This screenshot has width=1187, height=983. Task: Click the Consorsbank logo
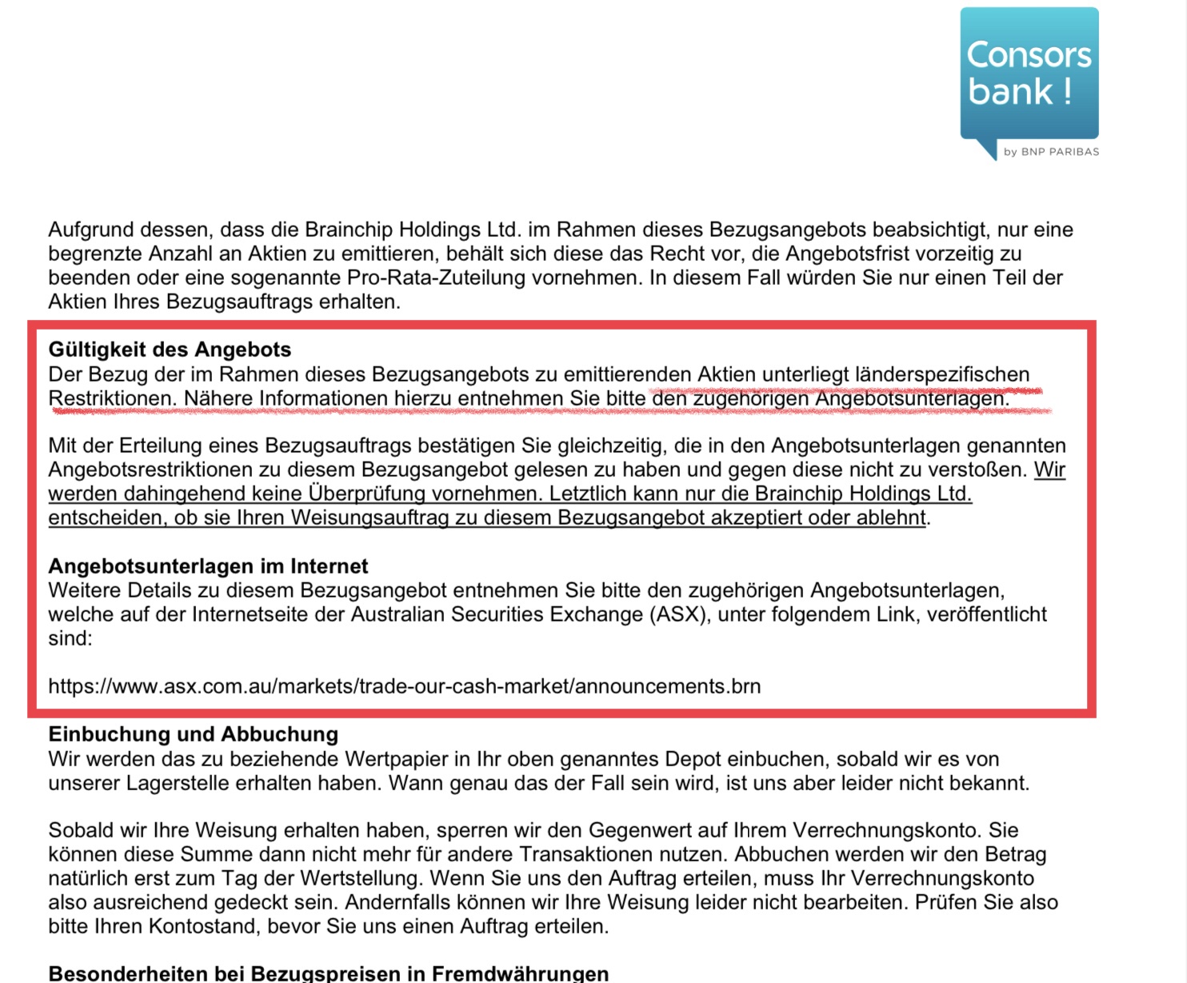(x=1029, y=74)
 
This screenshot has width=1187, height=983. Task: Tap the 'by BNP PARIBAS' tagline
(x=1051, y=151)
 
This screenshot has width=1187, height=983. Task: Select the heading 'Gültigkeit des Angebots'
(x=170, y=350)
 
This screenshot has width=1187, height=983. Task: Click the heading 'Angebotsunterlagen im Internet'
(x=208, y=566)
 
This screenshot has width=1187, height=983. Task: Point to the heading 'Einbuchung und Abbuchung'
(x=193, y=734)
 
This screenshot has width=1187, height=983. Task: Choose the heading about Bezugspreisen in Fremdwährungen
(x=328, y=973)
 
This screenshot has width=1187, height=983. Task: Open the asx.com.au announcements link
(x=404, y=686)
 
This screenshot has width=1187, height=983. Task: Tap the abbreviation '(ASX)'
(x=679, y=614)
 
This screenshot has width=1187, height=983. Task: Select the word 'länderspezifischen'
(x=941, y=374)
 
